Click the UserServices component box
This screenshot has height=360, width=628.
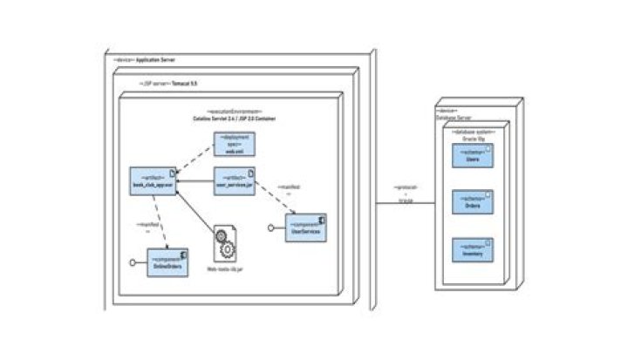pyautogui.click(x=305, y=228)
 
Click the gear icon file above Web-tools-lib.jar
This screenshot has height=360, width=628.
pyautogui.click(x=224, y=244)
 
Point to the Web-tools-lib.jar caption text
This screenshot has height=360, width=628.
pyautogui.click(x=223, y=270)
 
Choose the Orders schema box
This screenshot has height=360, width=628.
pyautogui.click(x=472, y=203)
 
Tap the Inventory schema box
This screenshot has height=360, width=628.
pyautogui.click(x=472, y=249)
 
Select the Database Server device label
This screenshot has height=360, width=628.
pyautogui.click(x=453, y=114)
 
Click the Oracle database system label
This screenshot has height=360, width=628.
pyautogui.click(x=472, y=136)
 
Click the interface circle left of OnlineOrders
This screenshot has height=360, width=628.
pyautogui.click(x=133, y=262)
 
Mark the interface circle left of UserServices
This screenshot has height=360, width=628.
pyautogui.click(x=271, y=228)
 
